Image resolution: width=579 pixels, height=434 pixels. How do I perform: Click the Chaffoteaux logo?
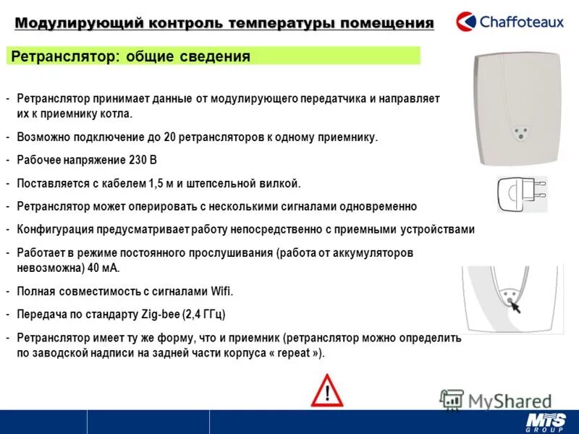click(x=510, y=20)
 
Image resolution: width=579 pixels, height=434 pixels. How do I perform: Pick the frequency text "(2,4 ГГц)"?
click(x=203, y=315)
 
